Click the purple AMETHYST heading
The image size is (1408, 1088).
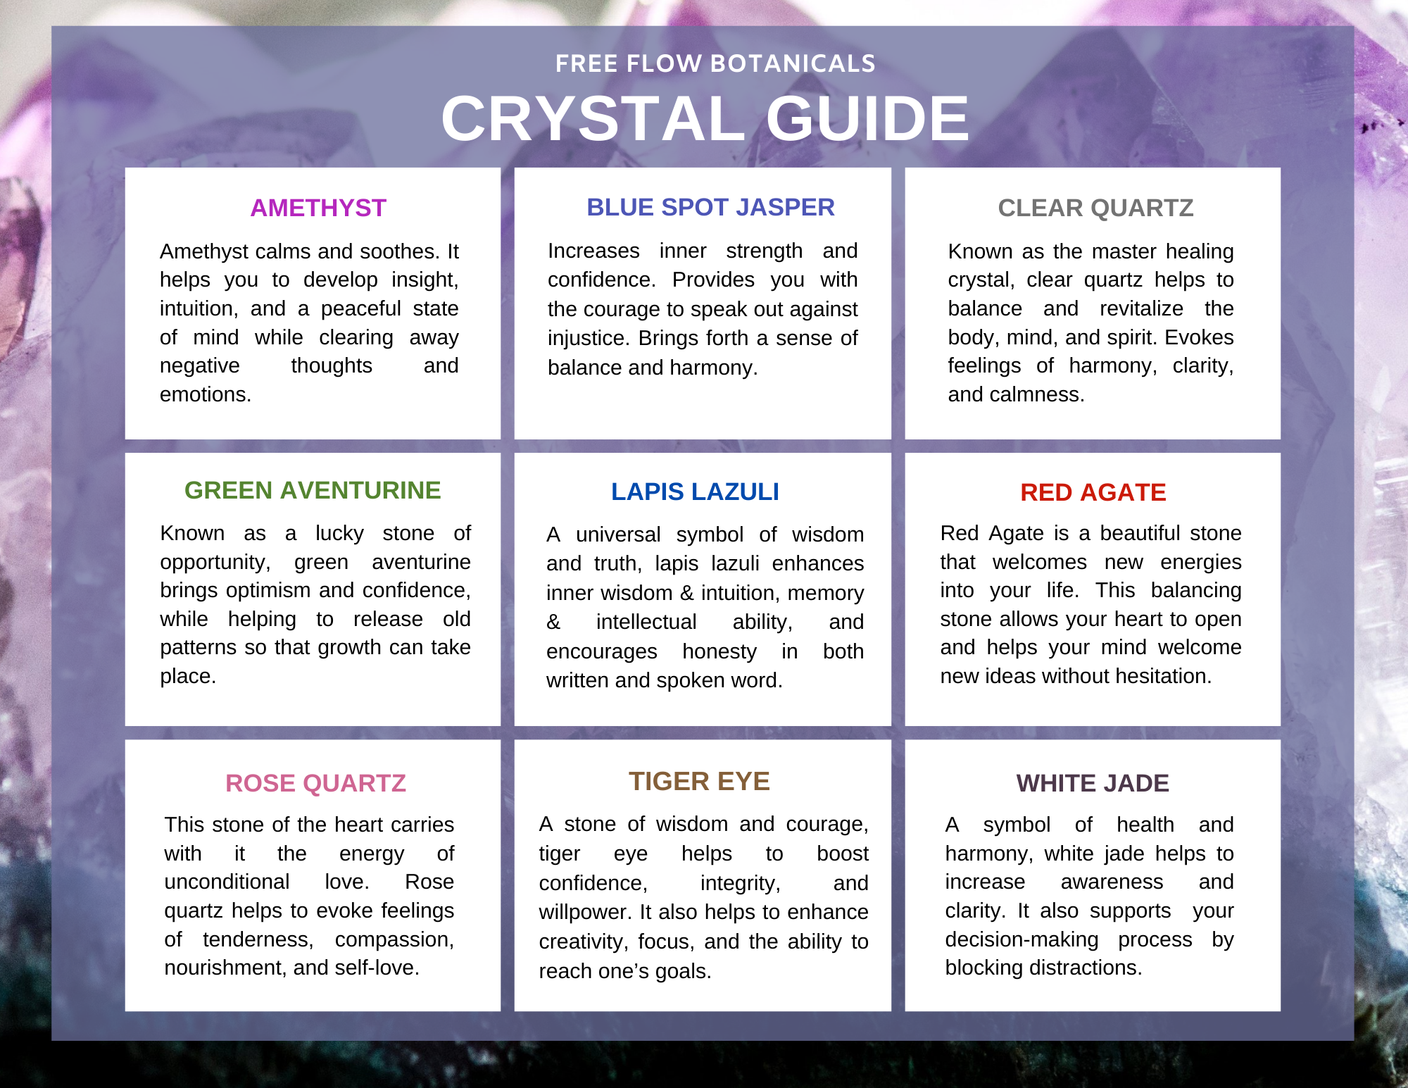318,208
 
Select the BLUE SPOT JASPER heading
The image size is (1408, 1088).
710,207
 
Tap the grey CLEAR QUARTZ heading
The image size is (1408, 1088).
1095,208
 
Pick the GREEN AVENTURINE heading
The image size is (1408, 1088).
313,490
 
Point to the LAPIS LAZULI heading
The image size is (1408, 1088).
695,492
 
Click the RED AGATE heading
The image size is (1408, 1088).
1093,492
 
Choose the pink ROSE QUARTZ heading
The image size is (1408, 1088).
315,783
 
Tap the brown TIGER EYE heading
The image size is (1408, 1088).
699,781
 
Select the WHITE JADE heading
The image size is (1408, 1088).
1093,783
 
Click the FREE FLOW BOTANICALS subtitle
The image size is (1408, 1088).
715,63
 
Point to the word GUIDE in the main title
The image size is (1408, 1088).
867,118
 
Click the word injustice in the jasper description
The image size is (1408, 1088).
588,339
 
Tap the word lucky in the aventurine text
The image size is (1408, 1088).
339,533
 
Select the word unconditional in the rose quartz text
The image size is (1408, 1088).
227,882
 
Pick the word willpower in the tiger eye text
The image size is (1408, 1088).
585,913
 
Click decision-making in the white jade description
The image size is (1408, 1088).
1022,939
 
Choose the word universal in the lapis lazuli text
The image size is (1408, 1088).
618,534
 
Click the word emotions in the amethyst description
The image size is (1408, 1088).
206,394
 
